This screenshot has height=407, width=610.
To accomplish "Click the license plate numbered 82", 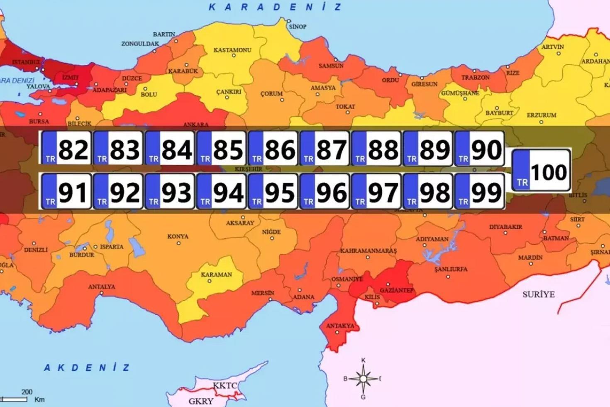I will pyautogui.click(x=66, y=149).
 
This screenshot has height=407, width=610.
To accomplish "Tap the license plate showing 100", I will pyautogui.click(x=541, y=171).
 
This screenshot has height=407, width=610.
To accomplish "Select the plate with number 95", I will pyautogui.click(x=273, y=191).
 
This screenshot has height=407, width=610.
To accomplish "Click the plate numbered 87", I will pyautogui.click(x=325, y=149).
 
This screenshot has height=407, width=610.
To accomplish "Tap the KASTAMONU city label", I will pyautogui.click(x=232, y=50).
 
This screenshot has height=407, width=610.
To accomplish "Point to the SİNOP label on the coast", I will pyautogui.click(x=298, y=27).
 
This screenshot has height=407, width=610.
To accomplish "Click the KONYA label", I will pyautogui.click(x=178, y=236).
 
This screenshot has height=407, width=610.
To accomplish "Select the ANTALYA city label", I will pyautogui.click(x=102, y=287).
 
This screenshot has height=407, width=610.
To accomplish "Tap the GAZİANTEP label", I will pyautogui.click(x=397, y=290).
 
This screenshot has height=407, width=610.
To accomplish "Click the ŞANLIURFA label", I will pyautogui.click(x=451, y=269).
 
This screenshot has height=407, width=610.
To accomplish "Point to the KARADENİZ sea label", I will pyautogui.click(x=275, y=7).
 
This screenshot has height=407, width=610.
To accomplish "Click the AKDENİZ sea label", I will pyautogui.click(x=87, y=368).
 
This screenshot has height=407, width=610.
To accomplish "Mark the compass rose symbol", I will pyautogui.click(x=363, y=378).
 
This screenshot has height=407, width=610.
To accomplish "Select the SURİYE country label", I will pyautogui.click(x=538, y=294).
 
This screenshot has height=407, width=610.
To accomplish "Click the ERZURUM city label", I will pyautogui.click(x=541, y=115).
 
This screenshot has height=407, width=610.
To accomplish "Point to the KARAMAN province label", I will pyautogui.click(x=216, y=275).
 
